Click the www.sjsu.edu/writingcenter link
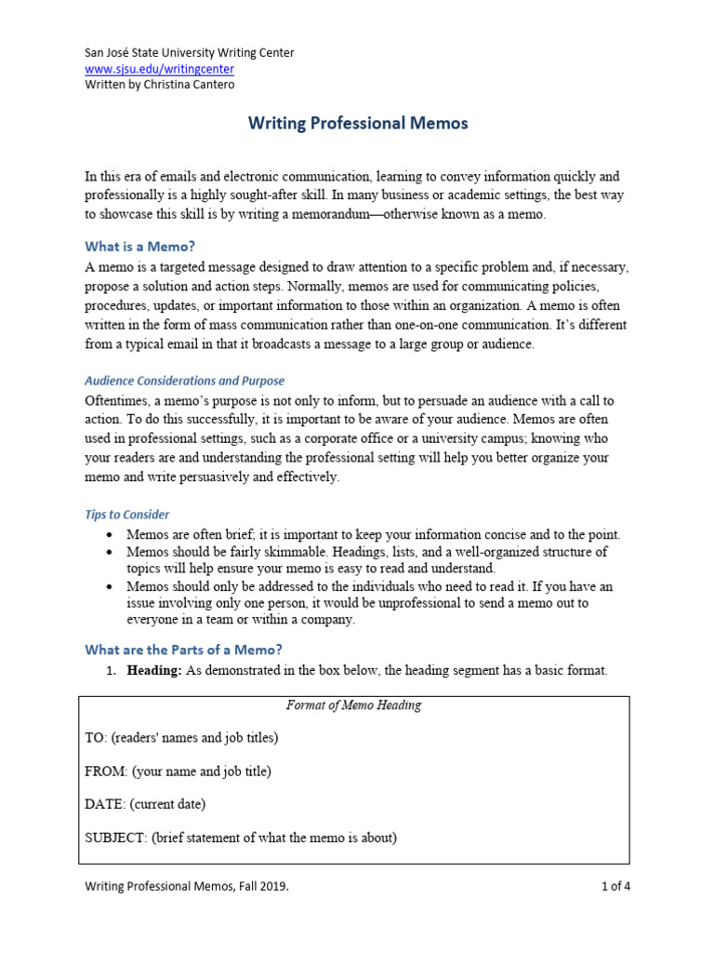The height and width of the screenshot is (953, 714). point(159,69)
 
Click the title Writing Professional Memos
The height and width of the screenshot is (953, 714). point(357,123)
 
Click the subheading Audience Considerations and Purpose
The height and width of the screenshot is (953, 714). point(184,381)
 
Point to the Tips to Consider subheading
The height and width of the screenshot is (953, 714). point(126,515)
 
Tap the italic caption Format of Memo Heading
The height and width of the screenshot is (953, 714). point(355,705)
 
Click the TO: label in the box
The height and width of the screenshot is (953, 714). point(96,738)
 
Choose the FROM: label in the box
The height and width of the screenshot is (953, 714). point(106,772)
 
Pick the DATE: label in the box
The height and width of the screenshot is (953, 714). point(105,804)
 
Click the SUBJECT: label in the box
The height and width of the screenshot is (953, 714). point(116,838)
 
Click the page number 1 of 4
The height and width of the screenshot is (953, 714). point(615,887)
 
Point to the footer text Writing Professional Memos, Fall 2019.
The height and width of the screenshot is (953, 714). point(186,887)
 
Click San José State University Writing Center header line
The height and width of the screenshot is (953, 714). point(189,53)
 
